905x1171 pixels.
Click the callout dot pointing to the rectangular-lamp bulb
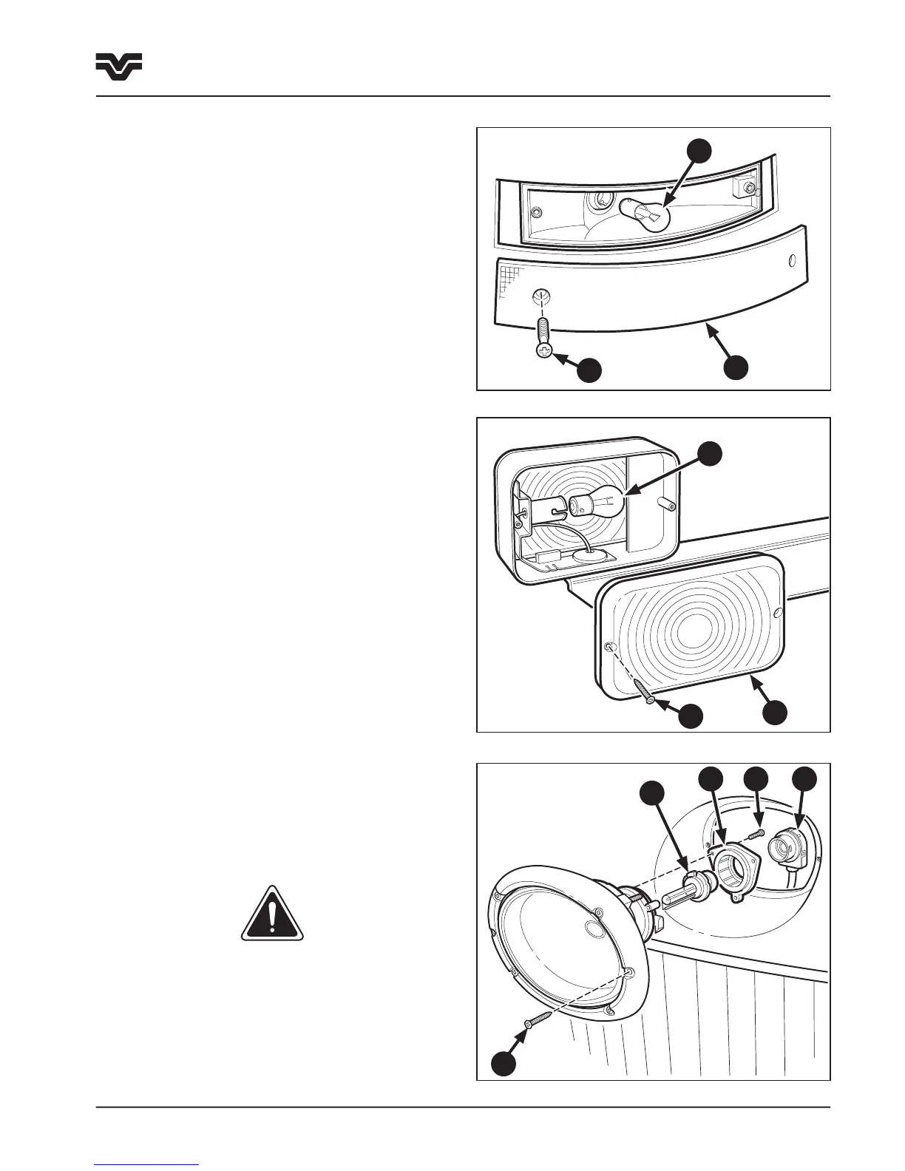click(x=711, y=453)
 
